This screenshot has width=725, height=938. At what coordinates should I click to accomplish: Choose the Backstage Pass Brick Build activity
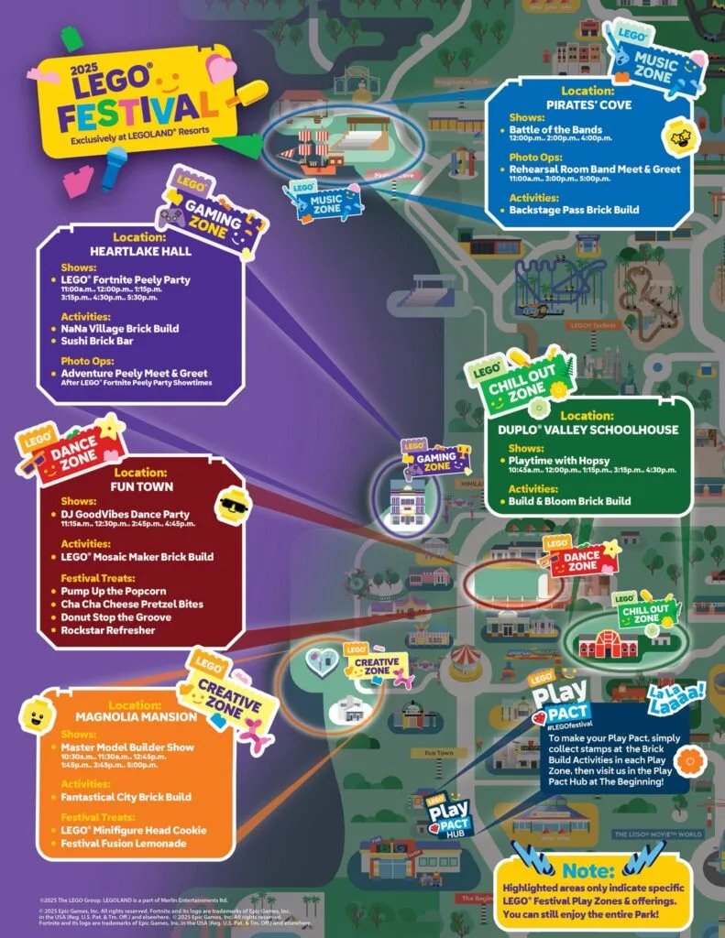point(576,210)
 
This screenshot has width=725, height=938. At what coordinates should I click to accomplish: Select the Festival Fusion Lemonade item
point(124,843)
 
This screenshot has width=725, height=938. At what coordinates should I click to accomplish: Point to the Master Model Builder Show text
point(128,747)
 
